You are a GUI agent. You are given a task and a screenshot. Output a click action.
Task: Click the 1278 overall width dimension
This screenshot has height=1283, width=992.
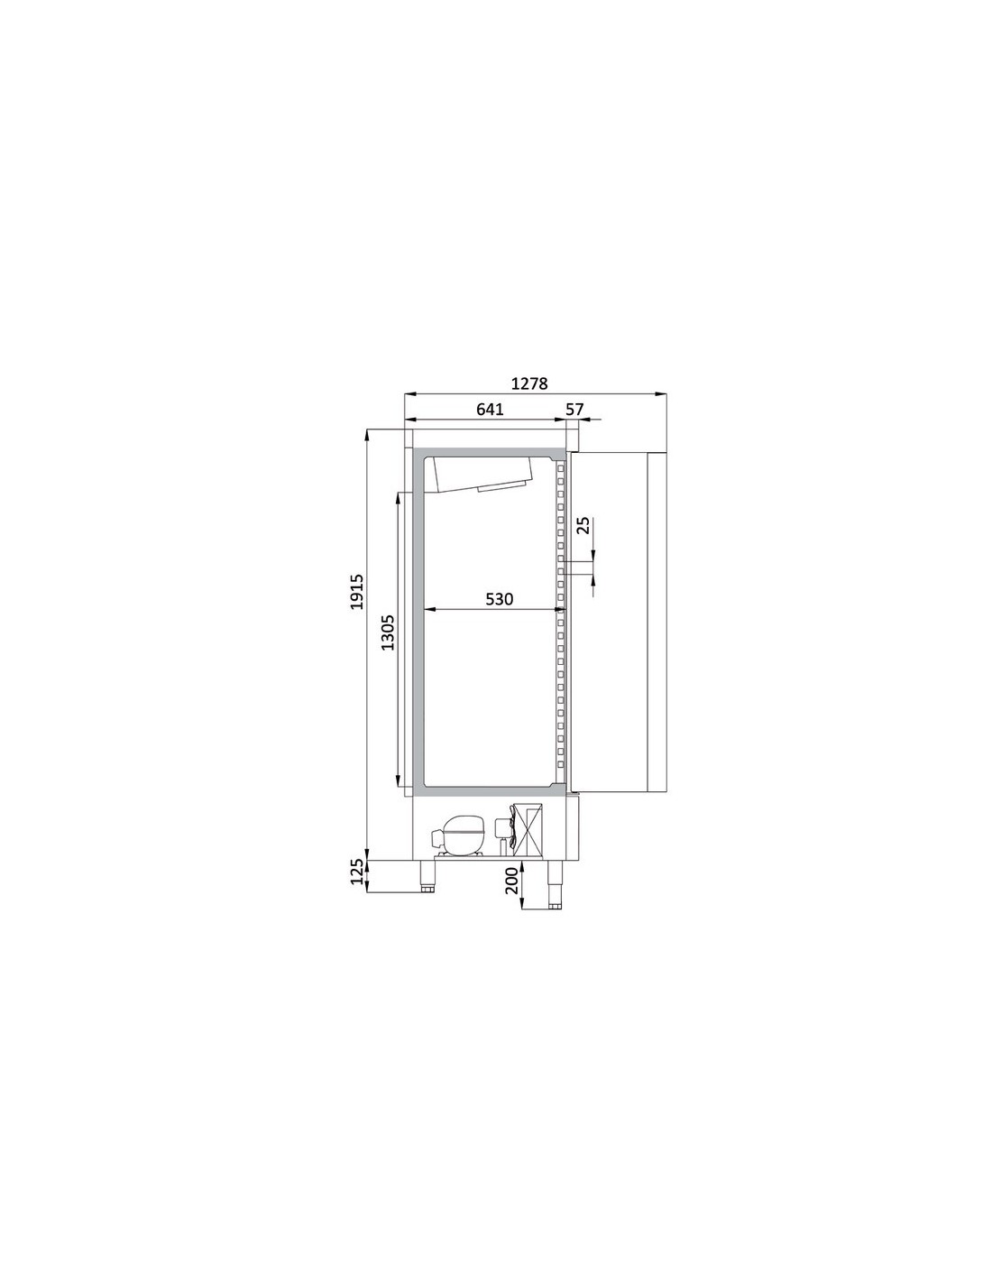pyautogui.click(x=528, y=383)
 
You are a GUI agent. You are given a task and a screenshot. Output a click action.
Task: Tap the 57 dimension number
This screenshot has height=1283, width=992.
pyautogui.click(x=574, y=409)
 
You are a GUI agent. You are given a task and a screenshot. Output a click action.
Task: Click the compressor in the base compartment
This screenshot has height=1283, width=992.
pyautogui.click(x=458, y=835)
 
